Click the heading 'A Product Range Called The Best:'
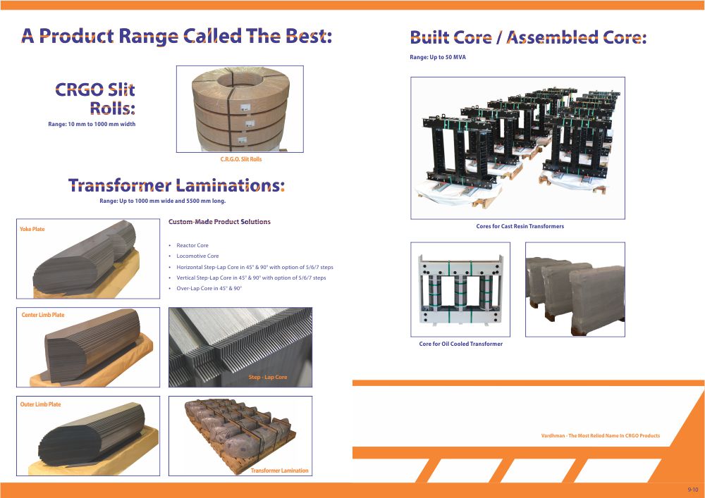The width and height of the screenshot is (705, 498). pyautogui.click(x=176, y=36)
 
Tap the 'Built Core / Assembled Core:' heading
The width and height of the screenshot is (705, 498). pyautogui.click(x=528, y=37)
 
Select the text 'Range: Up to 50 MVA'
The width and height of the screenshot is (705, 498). pyautogui.click(x=438, y=58)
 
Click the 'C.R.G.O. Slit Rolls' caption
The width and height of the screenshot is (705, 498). pyautogui.click(x=240, y=159)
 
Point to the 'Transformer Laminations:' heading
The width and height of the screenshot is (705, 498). pyautogui.click(x=176, y=185)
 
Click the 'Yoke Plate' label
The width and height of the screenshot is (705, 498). pyautogui.click(x=32, y=229)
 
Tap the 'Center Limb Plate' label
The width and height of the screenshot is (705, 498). pyautogui.click(x=43, y=315)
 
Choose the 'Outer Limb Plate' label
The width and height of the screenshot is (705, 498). pyautogui.click(x=40, y=404)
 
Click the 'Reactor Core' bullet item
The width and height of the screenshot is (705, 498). pyautogui.click(x=192, y=245)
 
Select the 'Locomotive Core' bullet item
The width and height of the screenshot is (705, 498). pyautogui.click(x=197, y=256)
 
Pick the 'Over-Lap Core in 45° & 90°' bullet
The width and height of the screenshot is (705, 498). pyautogui.click(x=209, y=288)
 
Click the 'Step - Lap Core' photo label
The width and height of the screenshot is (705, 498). pyautogui.click(x=267, y=378)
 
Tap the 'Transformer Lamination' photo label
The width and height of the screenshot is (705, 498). pyautogui.click(x=279, y=471)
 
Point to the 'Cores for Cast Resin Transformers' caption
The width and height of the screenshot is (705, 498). pyautogui.click(x=520, y=226)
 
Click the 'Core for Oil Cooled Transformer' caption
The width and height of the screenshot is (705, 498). pyautogui.click(x=460, y=344)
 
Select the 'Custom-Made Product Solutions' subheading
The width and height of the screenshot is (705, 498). pyautogui.click(x=219, y=222)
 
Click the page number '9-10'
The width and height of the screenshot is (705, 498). pyautogui.click(x=693, y=490)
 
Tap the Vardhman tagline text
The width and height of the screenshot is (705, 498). pyautogui.click(x=601, y=435)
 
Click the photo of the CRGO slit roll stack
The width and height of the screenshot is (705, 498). pyautogui.click(x=240, y=109)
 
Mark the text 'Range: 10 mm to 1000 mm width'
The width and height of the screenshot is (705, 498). pyautogui.click(x=92, y=124)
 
